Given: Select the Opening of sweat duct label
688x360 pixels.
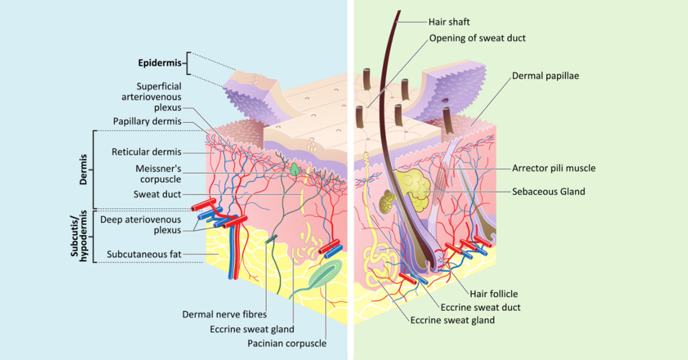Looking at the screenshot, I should (x=477, y=38).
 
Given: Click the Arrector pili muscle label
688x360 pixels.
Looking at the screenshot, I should (x=554, y=168).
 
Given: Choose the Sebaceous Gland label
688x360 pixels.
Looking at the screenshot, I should (x=549, y=192).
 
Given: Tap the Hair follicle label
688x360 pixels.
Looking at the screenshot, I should (x=494, y=293).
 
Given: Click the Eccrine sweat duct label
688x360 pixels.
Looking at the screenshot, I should (x=486, y=307).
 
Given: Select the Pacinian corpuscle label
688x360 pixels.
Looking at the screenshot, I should (x=287, y=343).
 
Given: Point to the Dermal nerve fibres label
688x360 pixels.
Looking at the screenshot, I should (x=225, y=314).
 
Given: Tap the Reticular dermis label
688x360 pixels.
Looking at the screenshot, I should (x=146, y=152).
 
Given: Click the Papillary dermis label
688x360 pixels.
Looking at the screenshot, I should (x=147, y=121).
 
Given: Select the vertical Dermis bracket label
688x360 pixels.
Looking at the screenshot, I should (x=85, y=168).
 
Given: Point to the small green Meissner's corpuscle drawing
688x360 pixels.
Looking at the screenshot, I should (x=296, y=168).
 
